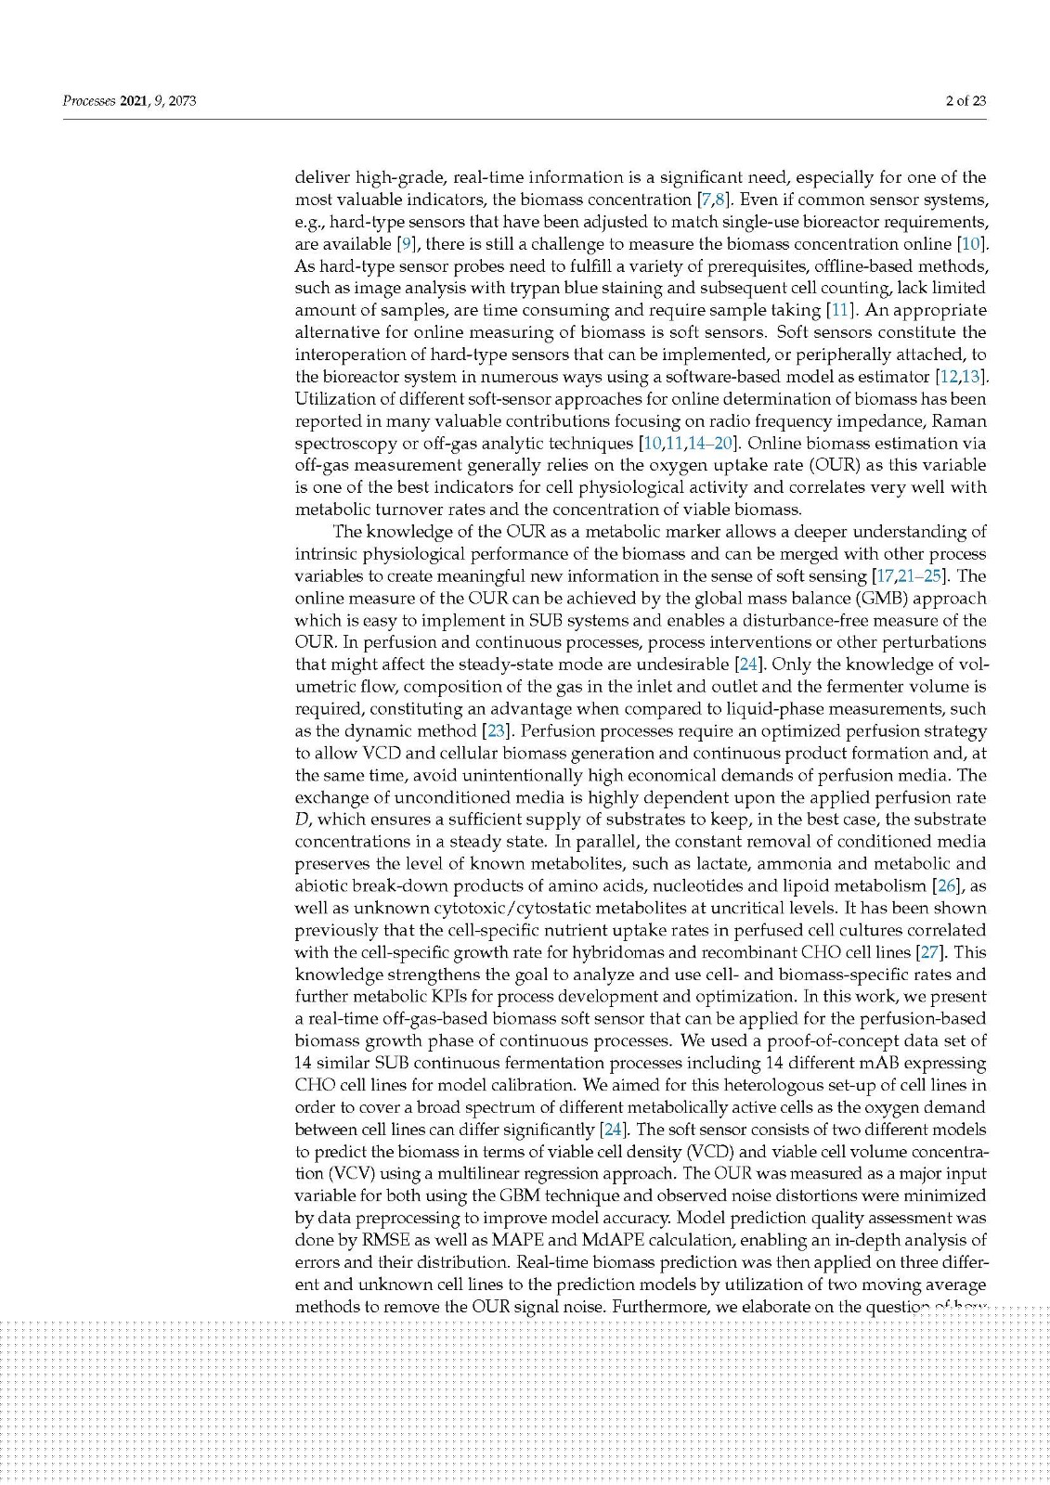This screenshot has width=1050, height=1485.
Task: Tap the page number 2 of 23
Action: (x=966, y=101)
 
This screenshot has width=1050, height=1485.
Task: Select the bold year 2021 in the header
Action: (x=135, y=101)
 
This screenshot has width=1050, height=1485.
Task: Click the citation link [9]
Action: (x=406, y=244)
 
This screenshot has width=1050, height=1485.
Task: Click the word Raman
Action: (x=958, y=421)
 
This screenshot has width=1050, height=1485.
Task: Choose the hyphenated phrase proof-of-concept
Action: (x=842, y=1041)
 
